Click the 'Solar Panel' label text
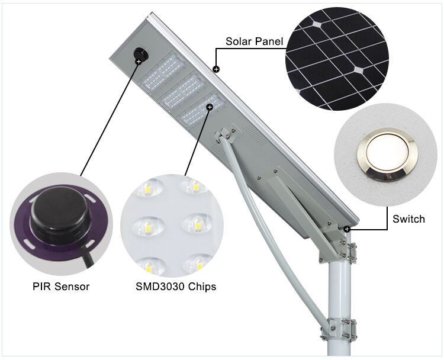(x=255, y=41)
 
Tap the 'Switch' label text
(x=408, y=219)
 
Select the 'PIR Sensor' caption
(x=61, y=287)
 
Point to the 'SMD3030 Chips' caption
(x=176, y=287)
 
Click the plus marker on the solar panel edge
(x=216, y=69)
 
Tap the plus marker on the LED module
(x=210, y=107)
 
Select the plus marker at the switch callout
(x=347, y=229)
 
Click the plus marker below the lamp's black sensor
(x=139, y=62)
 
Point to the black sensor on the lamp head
(x=140, y=54)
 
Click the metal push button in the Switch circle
(x=384, y=155)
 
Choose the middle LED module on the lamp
(x=183, y=90)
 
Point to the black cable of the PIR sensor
(x=88, y=258)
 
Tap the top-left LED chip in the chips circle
(x=148, y=188)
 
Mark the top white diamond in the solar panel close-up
(x=317, y=25)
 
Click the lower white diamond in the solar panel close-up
(x=359, y=70)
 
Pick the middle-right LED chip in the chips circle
(x=197, y=224)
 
